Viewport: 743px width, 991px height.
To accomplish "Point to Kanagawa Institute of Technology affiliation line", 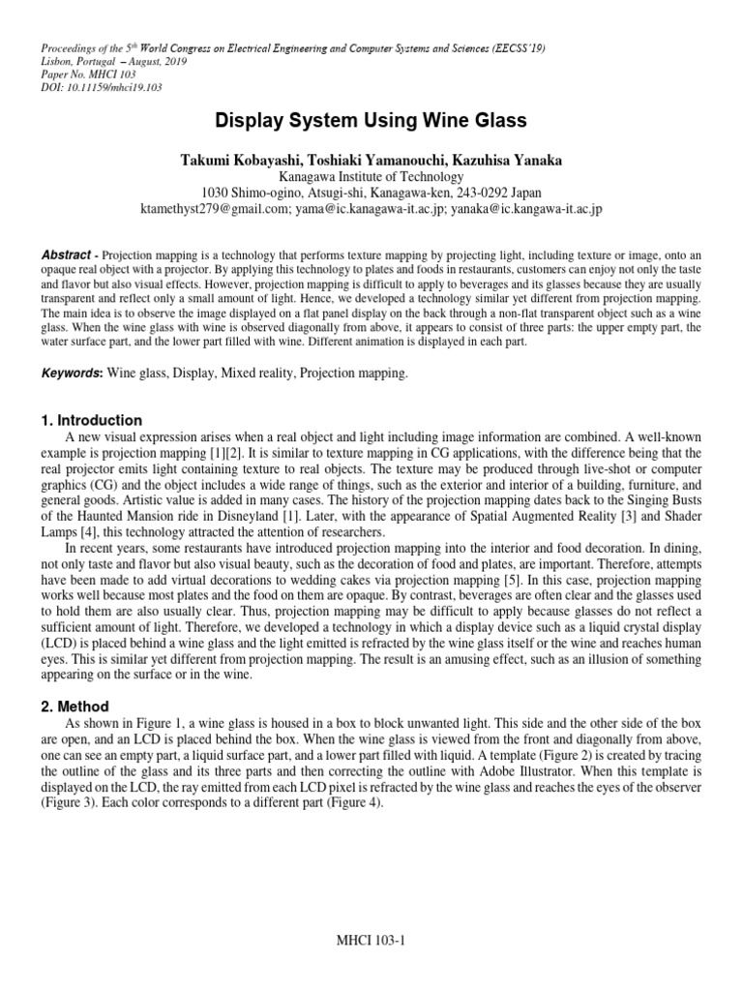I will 371,176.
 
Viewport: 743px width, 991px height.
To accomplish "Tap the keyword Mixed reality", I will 272,372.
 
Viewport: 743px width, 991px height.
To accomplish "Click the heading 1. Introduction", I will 92,420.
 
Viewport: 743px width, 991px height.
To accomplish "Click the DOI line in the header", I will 102,87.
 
